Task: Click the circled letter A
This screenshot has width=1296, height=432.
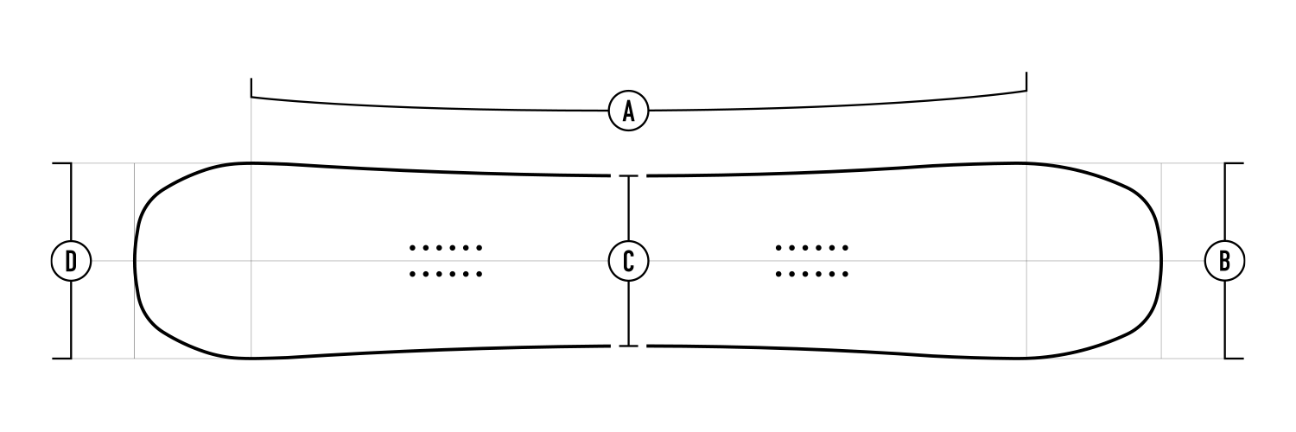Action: (x=629, y=111)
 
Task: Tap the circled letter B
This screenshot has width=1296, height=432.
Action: (x=1224, y=260)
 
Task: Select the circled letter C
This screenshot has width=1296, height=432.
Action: (x=629, y=260)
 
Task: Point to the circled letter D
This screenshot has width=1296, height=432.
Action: (x=71, y=260)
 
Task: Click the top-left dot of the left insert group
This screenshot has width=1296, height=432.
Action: (x=412, y=248)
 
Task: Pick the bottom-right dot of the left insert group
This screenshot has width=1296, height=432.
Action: (x=480, y=275)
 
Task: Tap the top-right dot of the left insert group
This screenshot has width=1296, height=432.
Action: (x=480, y=248)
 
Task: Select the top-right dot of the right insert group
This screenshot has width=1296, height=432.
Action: (x=846, y=248)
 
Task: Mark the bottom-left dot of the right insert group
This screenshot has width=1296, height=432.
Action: (x=778, y=275)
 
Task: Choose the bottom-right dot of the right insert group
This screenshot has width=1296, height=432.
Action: (x=846, y=275)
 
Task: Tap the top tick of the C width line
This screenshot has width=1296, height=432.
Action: (x=629, y=176)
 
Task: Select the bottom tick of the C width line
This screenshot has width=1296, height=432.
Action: (x=629, y=346)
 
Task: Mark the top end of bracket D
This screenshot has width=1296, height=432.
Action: (x=63, y=163)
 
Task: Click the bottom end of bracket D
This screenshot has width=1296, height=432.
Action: (x=63, y=358)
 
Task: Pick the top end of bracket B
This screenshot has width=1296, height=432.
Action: (x=1234, y=163)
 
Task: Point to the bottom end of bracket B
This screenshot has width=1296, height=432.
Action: (x=1234, y=358)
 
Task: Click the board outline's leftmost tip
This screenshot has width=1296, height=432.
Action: (x=135, y=260)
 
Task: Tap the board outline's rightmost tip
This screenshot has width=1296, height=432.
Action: (x=1161, y=260)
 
